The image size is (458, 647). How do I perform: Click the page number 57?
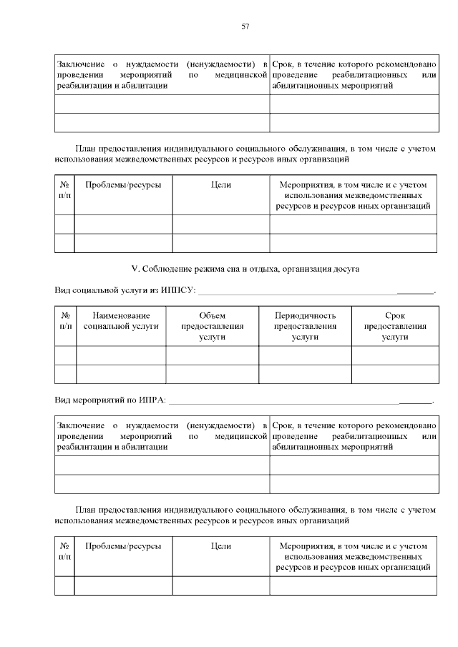click(245, 26)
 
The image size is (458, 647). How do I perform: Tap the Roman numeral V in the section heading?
click(134, 269)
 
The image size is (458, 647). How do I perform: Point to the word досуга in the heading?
click(346, 269)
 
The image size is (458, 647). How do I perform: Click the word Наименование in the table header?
click(121, 315)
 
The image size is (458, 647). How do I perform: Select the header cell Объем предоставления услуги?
click(213, 326)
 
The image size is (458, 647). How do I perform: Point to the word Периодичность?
click(305, 315)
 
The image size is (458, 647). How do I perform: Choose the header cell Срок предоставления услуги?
click(394, 326)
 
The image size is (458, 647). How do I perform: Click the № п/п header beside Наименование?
click(66, 320)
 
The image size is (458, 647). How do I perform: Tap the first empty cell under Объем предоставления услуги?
click(213, 355)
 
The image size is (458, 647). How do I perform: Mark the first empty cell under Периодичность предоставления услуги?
click(305, 355)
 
